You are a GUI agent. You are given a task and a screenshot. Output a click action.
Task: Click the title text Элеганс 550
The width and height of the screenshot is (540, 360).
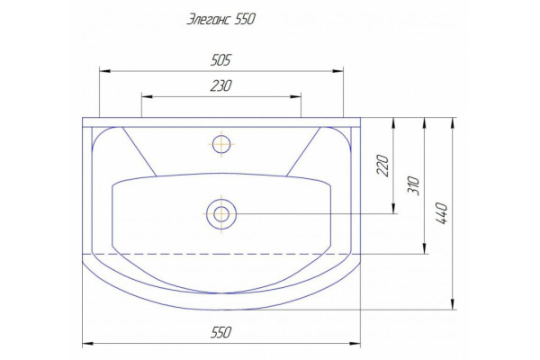221,19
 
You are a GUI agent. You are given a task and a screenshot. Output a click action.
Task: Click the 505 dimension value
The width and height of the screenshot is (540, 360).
220,60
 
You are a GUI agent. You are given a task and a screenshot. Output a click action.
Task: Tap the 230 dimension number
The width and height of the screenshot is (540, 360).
221,85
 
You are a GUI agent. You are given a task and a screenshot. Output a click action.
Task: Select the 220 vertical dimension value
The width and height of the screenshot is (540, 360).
383,166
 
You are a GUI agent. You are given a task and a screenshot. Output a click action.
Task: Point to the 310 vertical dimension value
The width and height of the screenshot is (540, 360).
414,186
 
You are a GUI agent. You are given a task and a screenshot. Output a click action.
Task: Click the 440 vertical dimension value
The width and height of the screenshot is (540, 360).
441,213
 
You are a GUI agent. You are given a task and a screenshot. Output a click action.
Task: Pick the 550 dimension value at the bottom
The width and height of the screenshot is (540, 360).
220,333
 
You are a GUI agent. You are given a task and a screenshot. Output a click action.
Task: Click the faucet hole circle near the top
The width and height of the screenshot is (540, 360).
221,144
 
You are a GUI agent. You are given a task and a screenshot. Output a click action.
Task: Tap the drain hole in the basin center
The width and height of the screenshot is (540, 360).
221,214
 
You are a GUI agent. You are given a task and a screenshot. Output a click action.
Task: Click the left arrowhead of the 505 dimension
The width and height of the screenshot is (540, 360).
104,71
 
